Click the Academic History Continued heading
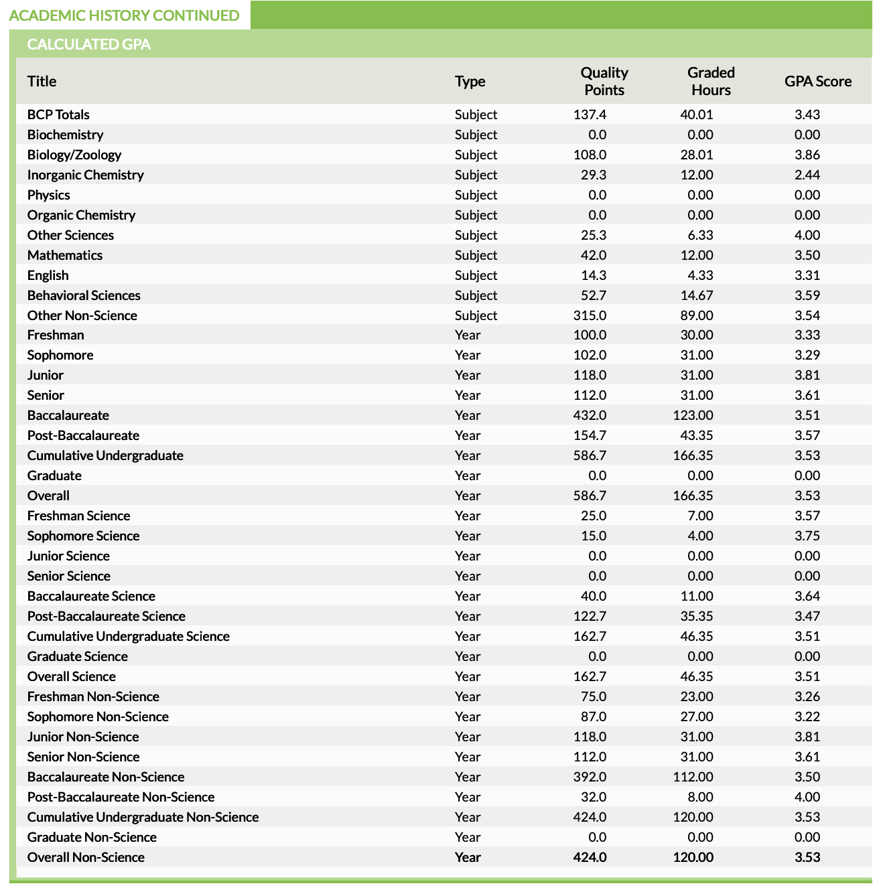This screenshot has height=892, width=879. pos(124,15)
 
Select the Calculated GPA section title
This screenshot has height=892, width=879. pos(88,44)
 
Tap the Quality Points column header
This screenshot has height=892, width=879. pos(604,81)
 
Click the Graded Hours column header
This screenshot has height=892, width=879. pos(711,81)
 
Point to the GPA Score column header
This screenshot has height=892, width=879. pos(818,81)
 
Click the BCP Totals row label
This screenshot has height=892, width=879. pos(58,115)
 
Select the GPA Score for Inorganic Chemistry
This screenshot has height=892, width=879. pos(807,175)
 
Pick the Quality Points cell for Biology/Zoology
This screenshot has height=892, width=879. pos(590,155)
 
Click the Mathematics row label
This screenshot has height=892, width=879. pos(65,255)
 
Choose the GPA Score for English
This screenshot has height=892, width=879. pos(807,275)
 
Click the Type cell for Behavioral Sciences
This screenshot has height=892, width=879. pos(476,295)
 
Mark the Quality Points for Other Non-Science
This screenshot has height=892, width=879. pos(590,315)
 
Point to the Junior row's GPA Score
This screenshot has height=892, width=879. pos(807,375)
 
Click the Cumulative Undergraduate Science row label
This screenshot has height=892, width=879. pos(128,636)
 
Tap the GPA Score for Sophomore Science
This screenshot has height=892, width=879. pos(807,536)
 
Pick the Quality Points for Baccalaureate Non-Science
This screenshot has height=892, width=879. pos(590,777)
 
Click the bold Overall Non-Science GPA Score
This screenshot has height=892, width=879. pos(807,857)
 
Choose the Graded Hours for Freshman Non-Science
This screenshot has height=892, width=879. pos(697,696)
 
